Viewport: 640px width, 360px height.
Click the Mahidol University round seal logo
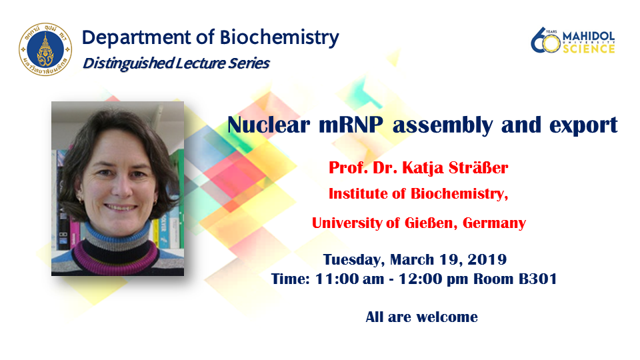[x=45, y=49]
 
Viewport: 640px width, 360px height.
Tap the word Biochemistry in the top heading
[x=279, y=37]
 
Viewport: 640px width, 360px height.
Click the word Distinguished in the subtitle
[x=129, y=63]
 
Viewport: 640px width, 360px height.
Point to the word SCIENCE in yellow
[x=589, y=49]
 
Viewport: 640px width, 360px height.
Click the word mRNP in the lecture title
[x=351, y=125]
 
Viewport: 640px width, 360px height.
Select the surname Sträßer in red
[x=479, y=167]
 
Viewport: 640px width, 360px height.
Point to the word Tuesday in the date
[x=354, y=259]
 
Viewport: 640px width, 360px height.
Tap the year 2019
[x=487, y=259]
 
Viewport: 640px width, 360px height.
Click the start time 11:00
[x=337, y=279]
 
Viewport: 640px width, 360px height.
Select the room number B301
[x=537, y=279]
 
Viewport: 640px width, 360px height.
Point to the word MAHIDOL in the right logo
[x=589, y=36]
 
